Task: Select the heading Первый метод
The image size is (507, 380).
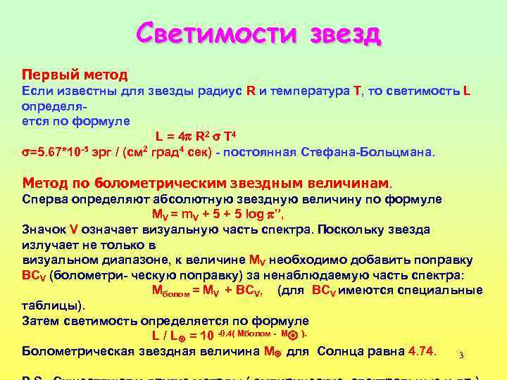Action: [75, 74]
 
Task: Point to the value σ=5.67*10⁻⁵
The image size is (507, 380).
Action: [57, 151]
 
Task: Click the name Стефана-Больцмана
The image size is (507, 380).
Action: [380, 151]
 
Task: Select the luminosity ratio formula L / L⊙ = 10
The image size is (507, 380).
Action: [183, 336]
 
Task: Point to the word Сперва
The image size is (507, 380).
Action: [46, 199]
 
